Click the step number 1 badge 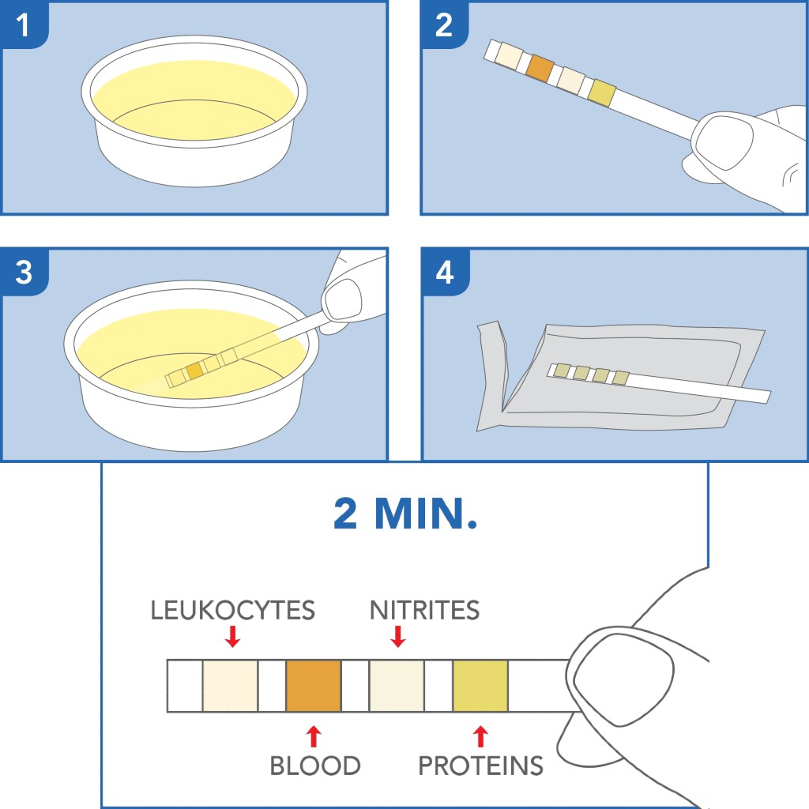pyautogui.click(x=24, y=24)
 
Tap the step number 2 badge pyautogui.click(x=444, y=24)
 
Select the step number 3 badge pyautogui.click(x=24, y=272)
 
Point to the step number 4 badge pyautogui.click(x=445, y=272)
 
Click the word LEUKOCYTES pyautogui.click(x=233, y=611)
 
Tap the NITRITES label pyautogui.click(x=424, y=611)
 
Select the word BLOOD pyautogui.click(x=315, y=766)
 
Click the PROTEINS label pyautogui.click(x=481, y=766)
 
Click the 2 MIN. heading pyautogui.click(x=405, y=514)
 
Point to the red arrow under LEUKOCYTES pyautogui.click(x=233, y=637)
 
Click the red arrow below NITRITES pyautogui.click(x=398, y=637)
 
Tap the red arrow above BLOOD pyautogui.click(x=314, y=736)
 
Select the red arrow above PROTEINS pyautogui.click(x=480, y=736)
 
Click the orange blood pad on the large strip pyautogui.click(x=314, y=687)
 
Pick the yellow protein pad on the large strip pyautogui.click(x=480, y=687)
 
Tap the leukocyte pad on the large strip pyautogui.click(x=230, y=687)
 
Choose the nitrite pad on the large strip pyautogui.click(x=397, y=687)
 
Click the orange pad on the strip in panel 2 pyautogui.click(x=540, y=68)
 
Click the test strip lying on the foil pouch pyautogui.click(x=659, y=383)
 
